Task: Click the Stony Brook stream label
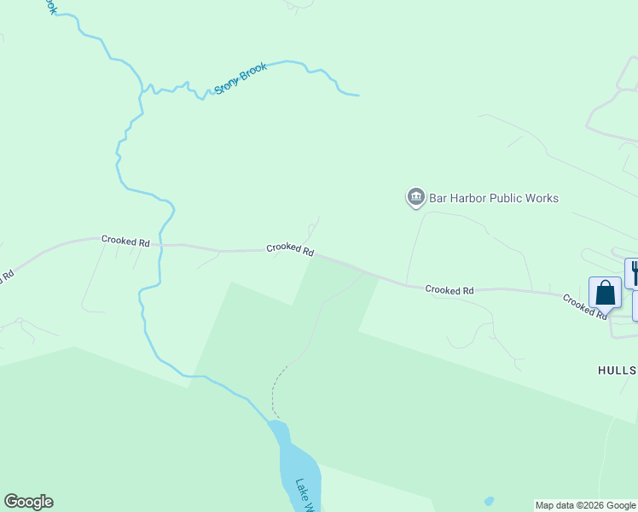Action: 241,78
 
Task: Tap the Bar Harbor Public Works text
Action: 494,198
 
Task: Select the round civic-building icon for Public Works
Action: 415,198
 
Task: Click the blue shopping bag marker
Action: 605,293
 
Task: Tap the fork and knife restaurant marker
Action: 634,272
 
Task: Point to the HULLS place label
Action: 616,369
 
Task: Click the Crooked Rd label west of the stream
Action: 125,241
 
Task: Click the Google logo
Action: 28,502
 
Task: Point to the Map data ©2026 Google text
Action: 586,505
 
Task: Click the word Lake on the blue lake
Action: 301,490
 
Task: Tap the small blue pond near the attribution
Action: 488,501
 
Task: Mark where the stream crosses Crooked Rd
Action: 160,245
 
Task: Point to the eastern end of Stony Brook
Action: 357,95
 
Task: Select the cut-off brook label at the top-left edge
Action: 51,7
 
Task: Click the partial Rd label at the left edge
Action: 7,278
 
